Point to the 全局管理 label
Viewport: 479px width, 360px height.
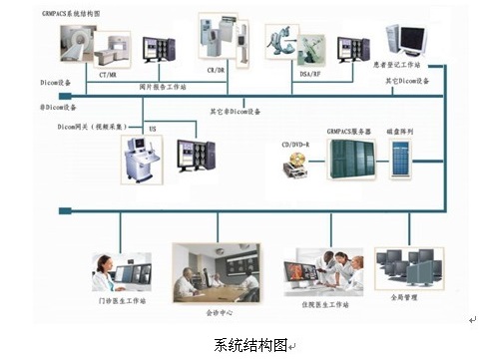[x=405, y=297]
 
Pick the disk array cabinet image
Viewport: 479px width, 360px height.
[x=402, y=160]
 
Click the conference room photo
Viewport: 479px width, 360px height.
[x=215, y=271]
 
